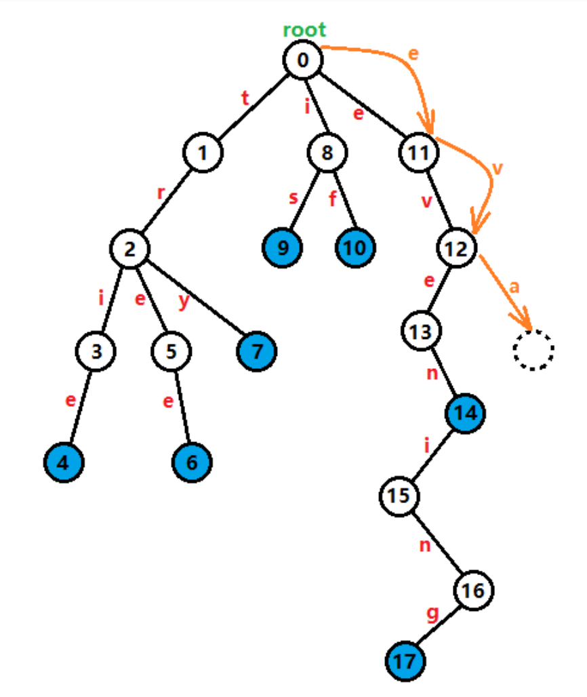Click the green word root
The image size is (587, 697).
tap(304, 30)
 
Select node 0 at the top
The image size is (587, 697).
tap(303, 60)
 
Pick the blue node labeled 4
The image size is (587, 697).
tap(64, 462)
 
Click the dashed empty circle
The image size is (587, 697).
tap(533, 351)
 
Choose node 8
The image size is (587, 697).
tap(327, 153)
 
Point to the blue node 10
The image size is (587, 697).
tap(355, 247)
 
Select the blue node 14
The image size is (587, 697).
tap(465, 412)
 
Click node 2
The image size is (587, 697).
tap(130, 248)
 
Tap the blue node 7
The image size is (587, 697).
tap(256, 351)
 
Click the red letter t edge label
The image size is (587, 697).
tap(245, 98)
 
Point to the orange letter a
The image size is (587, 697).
tap(514, 286)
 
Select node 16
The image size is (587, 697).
tap(474, 591)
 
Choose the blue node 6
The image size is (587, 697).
tap(192, 462)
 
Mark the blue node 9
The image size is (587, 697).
tap(283, 247)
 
